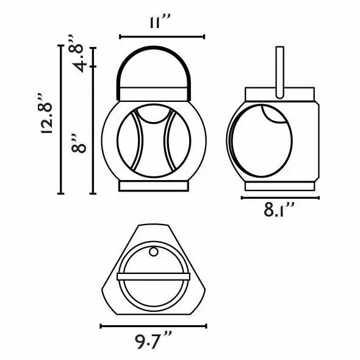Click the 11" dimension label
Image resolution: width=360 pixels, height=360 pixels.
coord(160,21)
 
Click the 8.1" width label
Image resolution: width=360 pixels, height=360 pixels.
coord(279,210)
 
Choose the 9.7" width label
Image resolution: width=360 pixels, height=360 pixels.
coord(153,342)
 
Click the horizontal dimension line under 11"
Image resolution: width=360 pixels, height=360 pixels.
coord(162,37)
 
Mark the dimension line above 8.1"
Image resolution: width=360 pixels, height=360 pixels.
coord(280,198)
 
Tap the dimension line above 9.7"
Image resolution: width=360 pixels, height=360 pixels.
coord(153,326)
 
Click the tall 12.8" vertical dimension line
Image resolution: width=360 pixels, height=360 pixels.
coord(60,120)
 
